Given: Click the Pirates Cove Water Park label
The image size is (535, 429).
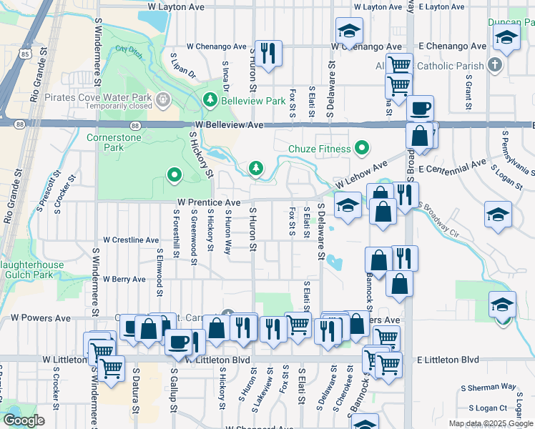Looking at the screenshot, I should (x=97, y=97).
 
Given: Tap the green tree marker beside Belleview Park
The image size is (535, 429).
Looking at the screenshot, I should (x=211, y=99).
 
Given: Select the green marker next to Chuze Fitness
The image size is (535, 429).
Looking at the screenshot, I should (x=362, y=149).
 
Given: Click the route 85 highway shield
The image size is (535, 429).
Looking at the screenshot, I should (x=26, y=53).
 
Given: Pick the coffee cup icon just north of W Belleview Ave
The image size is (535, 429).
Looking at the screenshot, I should (x=420, y=108).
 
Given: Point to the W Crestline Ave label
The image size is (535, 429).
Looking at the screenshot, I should (x=131, y=240).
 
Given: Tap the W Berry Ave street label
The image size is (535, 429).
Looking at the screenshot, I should (x=124, y=279).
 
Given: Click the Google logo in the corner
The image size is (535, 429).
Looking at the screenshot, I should (x=24, y=420).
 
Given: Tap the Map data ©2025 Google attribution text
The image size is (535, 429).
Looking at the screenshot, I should (x=490, y=423).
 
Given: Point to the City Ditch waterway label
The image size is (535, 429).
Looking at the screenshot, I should (x=126, y=49).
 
